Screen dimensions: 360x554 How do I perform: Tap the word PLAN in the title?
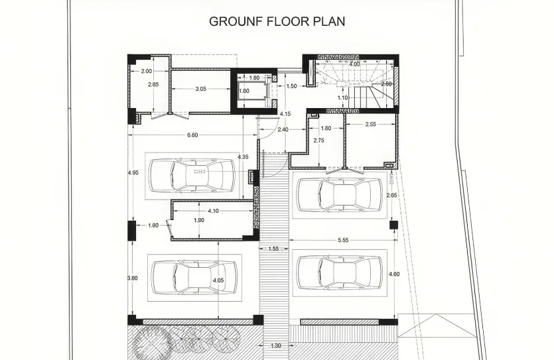[x=329, y=21]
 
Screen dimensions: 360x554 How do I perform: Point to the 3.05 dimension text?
[x=202, y=88]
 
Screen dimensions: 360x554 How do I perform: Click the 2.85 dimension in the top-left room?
[x=154, y=85]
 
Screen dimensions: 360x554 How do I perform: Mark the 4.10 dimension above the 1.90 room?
[x=213, y=211]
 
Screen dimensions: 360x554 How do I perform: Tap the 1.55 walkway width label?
[x=273, y=249]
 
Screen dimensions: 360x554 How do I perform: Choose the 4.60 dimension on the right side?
[x=393, y=274]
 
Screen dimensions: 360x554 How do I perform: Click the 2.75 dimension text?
[x=318, y=140]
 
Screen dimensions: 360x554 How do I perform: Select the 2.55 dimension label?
[x=371, y=125]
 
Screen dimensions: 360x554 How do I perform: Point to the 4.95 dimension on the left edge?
[x=133, y=173]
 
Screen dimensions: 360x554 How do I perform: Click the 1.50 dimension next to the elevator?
[x=291, y=86]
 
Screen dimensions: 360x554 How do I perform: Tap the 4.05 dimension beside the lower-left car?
[x=218, y=280]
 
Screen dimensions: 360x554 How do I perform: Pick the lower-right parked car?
[x=340, y=271]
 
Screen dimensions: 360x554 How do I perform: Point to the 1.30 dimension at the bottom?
[x=276, y=345]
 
